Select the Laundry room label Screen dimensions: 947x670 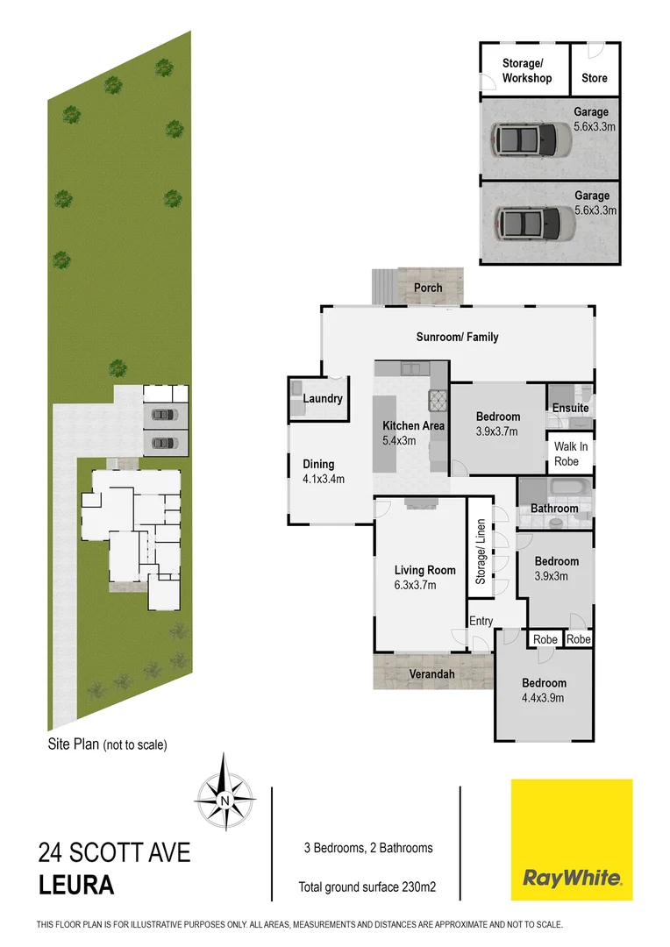tap(322, 399)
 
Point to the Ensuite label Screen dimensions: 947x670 tap(570, 409)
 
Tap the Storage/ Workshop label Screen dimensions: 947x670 tap(527, 71)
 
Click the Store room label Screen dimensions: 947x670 tap(595, 78)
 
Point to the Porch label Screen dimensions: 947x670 tap(428, 288)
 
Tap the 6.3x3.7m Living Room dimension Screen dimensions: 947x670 tap(424, 586)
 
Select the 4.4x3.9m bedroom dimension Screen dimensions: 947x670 tap(543, 698)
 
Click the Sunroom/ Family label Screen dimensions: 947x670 tap(457, 338)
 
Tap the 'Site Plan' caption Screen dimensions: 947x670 tap(107, 744)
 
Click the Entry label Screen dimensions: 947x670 tap(481, 621)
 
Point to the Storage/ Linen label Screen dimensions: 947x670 tap(480, 552)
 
